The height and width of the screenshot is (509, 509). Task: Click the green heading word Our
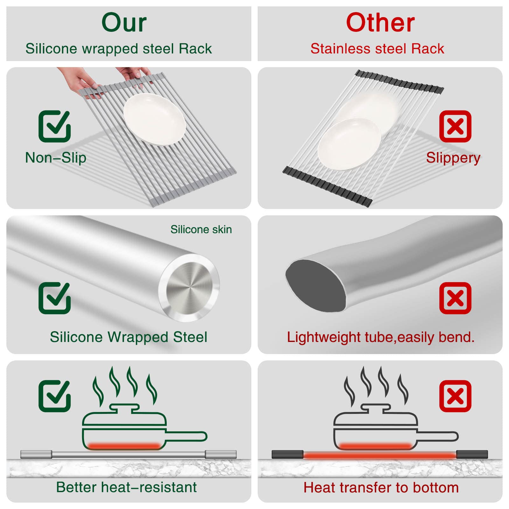pos(124,23)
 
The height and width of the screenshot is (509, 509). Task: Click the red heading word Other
pos(380,23)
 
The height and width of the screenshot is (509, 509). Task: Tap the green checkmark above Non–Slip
pos(54,126)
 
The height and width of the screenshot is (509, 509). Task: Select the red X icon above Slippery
pos(455,126)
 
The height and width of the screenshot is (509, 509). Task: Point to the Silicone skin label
pos(201,229)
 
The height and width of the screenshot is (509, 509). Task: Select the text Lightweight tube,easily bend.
pos(380,337)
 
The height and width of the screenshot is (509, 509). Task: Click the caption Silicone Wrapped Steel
pos(129,337)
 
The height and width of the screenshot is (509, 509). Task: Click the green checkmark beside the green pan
pos(54,396)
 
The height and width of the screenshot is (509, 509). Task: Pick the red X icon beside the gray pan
pos(455,396)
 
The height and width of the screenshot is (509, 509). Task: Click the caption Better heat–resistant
pos(126,487)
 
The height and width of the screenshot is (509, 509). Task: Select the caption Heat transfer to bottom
pos(381,487)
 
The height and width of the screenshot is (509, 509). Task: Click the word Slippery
pos(453,158)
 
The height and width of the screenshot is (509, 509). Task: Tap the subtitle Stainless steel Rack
pos(377,49)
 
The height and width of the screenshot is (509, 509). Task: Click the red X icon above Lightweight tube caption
pos(455,298)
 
